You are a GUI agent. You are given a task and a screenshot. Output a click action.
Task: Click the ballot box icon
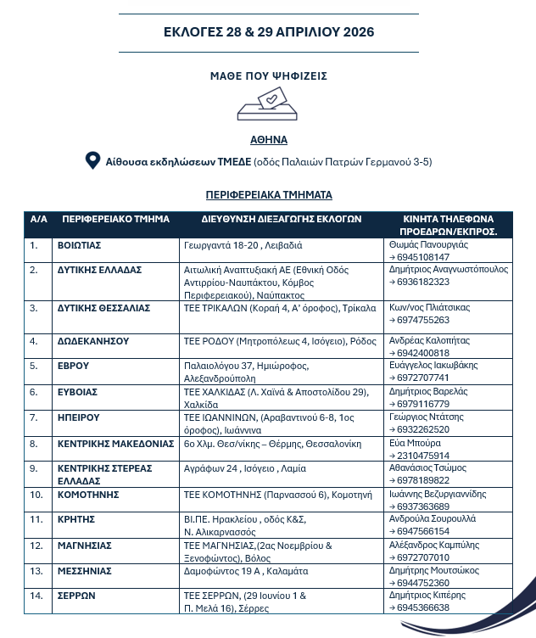click(x=268, y=105)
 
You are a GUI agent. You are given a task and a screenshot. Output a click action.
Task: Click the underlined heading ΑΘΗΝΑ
click(x=268, y=140)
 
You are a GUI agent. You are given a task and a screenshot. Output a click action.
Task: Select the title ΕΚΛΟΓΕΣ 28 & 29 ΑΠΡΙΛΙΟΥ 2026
click(x=269, y=32)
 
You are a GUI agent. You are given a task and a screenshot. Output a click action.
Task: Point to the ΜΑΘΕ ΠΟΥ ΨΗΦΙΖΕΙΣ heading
click(x=269, y=76)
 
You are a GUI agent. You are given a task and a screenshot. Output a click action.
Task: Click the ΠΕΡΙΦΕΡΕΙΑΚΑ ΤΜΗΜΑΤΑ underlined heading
click(x=269, y=194)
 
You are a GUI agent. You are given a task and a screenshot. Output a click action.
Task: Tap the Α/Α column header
click(x=38, y=219)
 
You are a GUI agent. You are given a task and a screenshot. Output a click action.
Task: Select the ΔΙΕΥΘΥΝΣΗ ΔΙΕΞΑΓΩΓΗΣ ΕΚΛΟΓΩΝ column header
click(x=282, y=219)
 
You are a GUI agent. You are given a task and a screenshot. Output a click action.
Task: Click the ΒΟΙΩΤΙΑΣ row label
click(x=80, y=244)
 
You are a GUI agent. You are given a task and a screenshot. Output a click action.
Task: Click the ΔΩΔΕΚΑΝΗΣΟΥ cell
click(x=92, y=341)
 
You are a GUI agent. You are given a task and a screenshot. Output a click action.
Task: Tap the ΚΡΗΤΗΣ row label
click(x=76, y=518)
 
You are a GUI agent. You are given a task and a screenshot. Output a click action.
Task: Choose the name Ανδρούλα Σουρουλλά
click(x=433, y=518)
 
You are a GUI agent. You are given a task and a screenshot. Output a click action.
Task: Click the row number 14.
click(x=35, y=596)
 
